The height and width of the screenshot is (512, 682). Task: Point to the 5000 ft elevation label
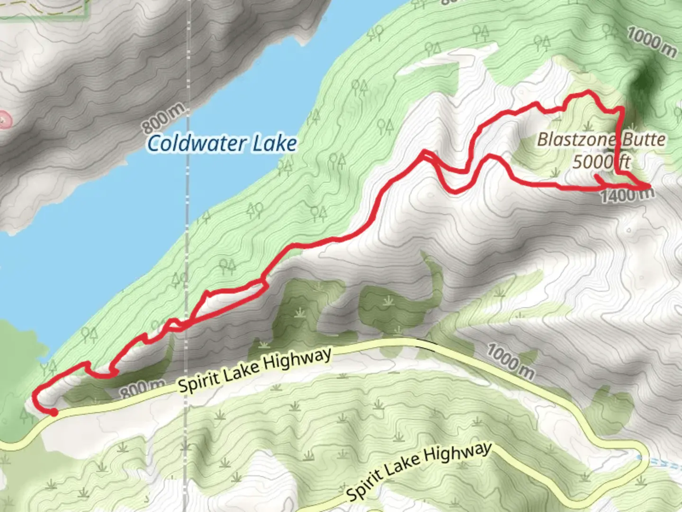point(601,162)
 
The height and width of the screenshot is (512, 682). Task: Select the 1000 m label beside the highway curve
point(510,362)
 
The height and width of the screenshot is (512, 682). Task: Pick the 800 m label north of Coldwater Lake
point(163,119)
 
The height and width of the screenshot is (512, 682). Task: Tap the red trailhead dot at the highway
point(54,413)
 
